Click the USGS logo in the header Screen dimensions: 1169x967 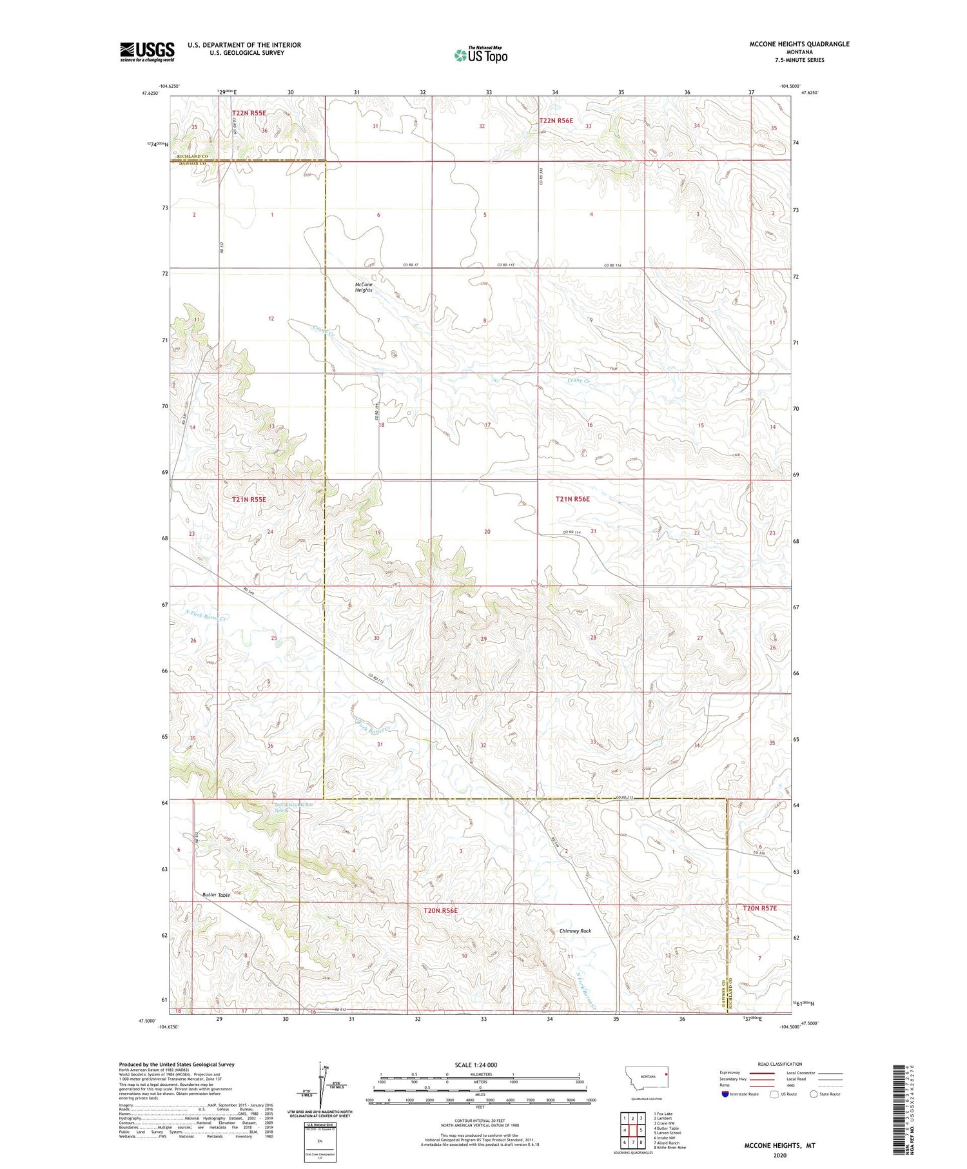147,52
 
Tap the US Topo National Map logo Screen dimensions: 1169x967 481,55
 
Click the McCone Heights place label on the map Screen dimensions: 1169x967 364,288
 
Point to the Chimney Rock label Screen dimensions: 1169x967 575,931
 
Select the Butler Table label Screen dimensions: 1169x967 216,895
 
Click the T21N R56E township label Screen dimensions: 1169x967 572,499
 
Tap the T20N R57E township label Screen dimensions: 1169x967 759,908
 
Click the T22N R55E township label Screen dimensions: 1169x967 249,113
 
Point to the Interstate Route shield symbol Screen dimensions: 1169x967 725,1094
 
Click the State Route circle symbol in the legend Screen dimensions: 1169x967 814,1094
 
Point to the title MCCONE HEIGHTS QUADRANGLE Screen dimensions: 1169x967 799,44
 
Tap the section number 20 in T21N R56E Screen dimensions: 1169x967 487,531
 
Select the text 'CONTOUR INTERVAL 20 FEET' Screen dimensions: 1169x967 480,1121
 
